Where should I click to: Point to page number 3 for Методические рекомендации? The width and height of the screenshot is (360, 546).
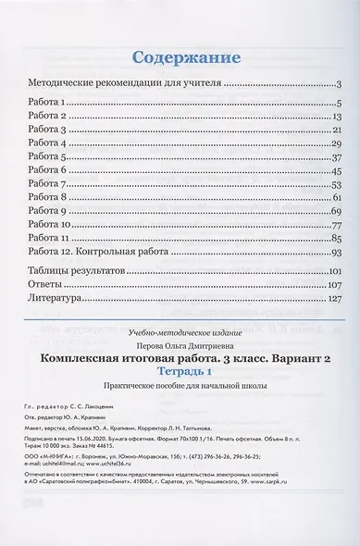tap(341, 83)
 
